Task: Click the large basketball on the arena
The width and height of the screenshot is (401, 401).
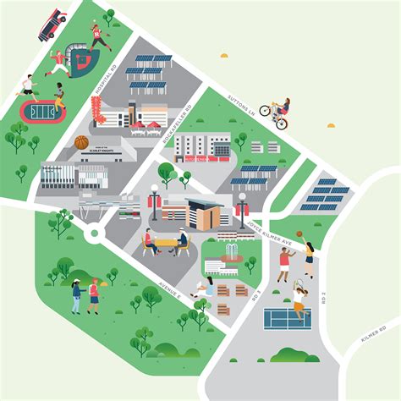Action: [81, 141]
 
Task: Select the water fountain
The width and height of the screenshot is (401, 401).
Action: [228, 255]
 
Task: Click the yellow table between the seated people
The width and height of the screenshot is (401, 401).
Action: [166, 243]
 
